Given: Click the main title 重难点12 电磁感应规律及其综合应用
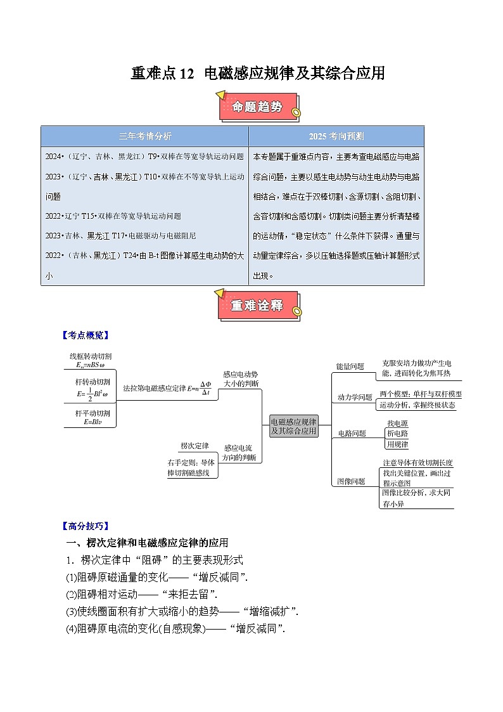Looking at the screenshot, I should (x=257, y=74).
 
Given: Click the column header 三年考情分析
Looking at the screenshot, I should (x=145, y=136).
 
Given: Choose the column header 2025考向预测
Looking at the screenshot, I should (x=336, y=136).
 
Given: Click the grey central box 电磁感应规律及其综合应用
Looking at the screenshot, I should (x=293, y=426).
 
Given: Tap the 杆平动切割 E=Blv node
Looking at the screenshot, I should (x=92, y=417).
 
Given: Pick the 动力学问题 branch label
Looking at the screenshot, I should (x=355, y=398).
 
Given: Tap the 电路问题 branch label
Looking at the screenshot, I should (x=352, y=434).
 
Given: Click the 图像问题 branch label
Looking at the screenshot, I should (x=352, y=481).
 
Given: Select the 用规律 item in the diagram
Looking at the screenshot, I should (x=398, y=444).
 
